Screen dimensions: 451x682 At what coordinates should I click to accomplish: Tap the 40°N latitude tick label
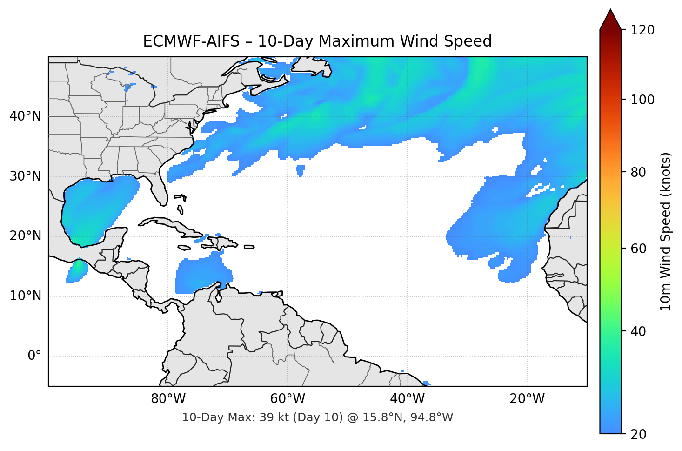coord(25,116)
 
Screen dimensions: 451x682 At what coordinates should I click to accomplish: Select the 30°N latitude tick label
coord(25,176)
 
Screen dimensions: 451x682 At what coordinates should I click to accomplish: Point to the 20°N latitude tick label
coord(25,236)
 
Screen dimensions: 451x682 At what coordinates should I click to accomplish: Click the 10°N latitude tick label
coord(25,296)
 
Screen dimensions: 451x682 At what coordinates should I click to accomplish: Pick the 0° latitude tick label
coord(34,356)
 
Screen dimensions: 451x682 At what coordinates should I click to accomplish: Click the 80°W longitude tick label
coord(168,399)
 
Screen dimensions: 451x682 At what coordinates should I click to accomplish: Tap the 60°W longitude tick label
coord(288,399)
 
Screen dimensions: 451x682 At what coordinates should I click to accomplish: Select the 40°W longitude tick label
coord(407,399)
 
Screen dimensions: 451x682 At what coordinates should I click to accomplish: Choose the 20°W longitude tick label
coord(527,399)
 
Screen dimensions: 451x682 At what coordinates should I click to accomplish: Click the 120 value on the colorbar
coord(642,30)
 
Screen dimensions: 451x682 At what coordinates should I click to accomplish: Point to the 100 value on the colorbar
coord(642,100)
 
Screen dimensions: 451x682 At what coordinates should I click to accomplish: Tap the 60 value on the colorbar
coord(639,249)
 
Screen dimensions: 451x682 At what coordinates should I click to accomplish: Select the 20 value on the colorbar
coord(639,434)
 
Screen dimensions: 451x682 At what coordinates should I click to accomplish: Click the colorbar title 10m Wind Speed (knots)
coord(666,231)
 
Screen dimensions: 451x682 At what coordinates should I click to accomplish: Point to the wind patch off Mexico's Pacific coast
coord(76,271)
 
